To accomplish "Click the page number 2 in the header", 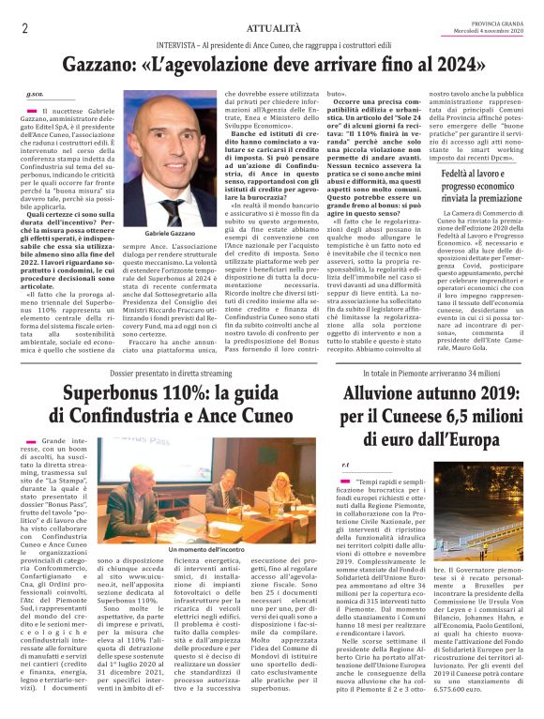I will [24, 28].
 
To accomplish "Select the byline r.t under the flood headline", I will [345, 464].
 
